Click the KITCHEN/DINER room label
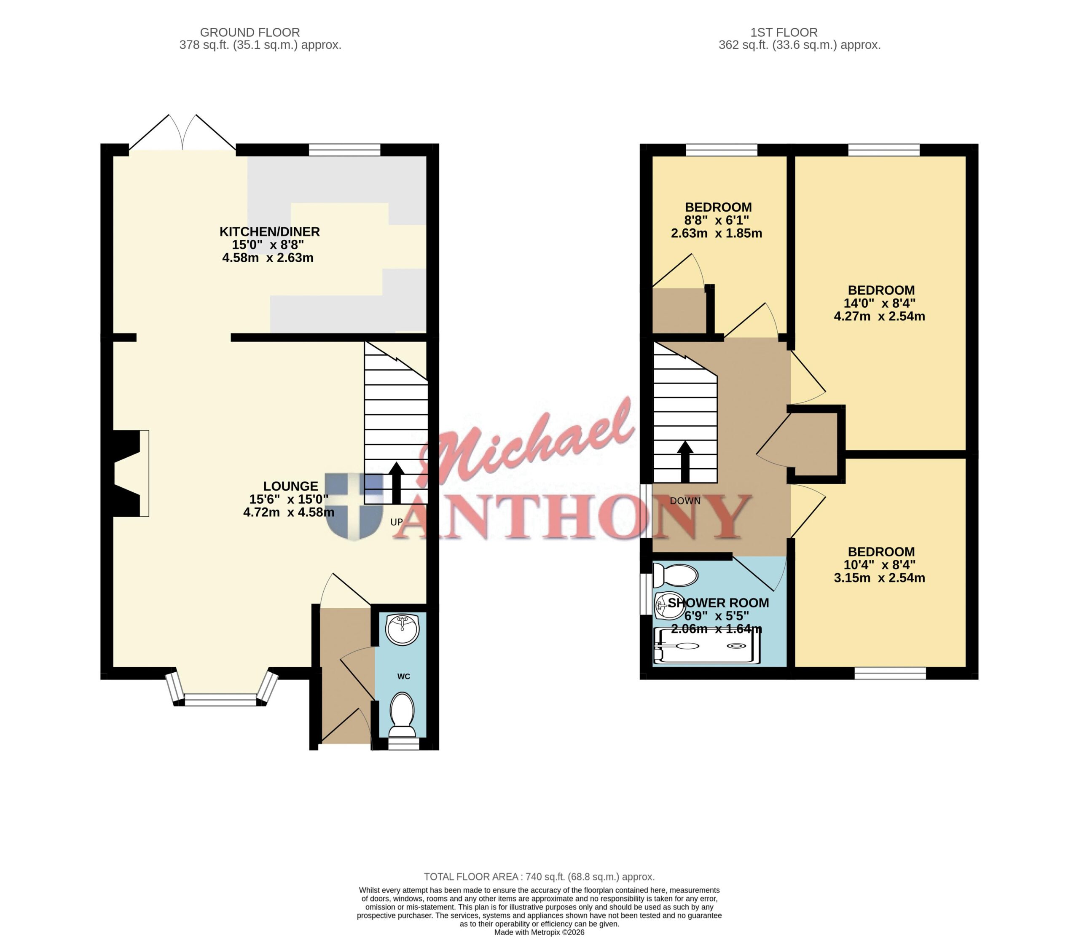click(269, 231)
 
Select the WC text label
click(404, 677)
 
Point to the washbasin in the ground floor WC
click(403, 630)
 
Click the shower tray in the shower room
click(706, 646)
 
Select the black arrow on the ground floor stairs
click(396, 483)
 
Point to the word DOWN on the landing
click(685, 501)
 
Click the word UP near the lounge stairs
click(397, 522)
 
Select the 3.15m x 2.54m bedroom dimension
click(879, 578)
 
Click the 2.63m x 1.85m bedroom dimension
click(717, 233)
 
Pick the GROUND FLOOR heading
click(250, 32)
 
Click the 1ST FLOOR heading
click(784, 32)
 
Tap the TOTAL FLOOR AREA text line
click(539, 877)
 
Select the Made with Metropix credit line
click(539, 932)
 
